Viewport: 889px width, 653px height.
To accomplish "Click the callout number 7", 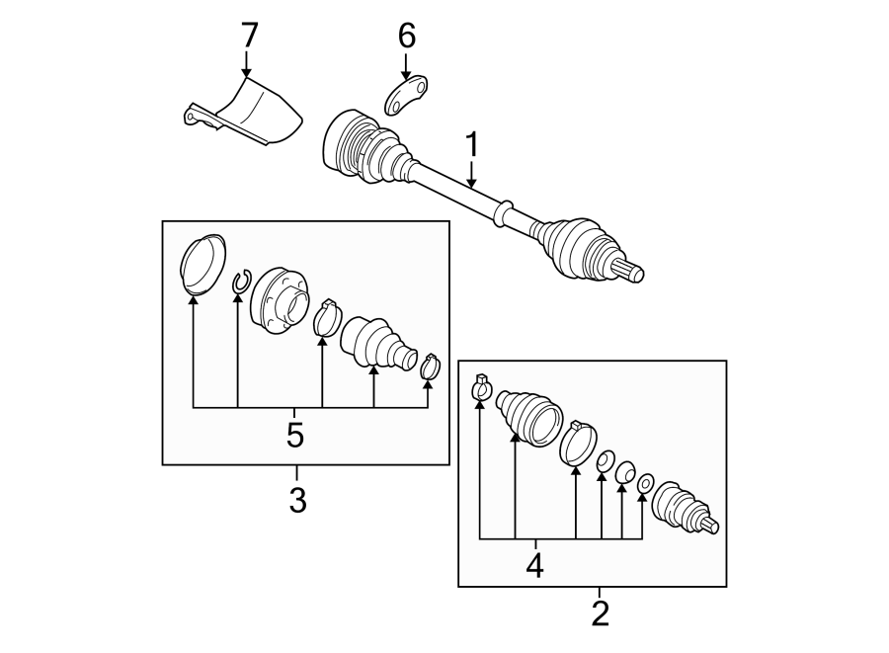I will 248,36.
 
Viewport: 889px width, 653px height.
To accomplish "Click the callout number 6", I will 406,36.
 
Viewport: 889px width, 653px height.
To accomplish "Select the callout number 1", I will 472,144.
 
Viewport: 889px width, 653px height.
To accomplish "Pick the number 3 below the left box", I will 297,500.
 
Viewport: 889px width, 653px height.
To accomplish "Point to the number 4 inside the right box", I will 534,565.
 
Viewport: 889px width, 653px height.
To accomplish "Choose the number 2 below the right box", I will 600,613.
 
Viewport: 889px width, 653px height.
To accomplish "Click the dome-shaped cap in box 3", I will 202,264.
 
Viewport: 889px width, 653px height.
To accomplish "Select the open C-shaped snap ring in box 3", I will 240,284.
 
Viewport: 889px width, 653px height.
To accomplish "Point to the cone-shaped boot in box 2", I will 526,417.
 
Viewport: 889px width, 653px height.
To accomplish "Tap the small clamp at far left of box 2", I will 480,389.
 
